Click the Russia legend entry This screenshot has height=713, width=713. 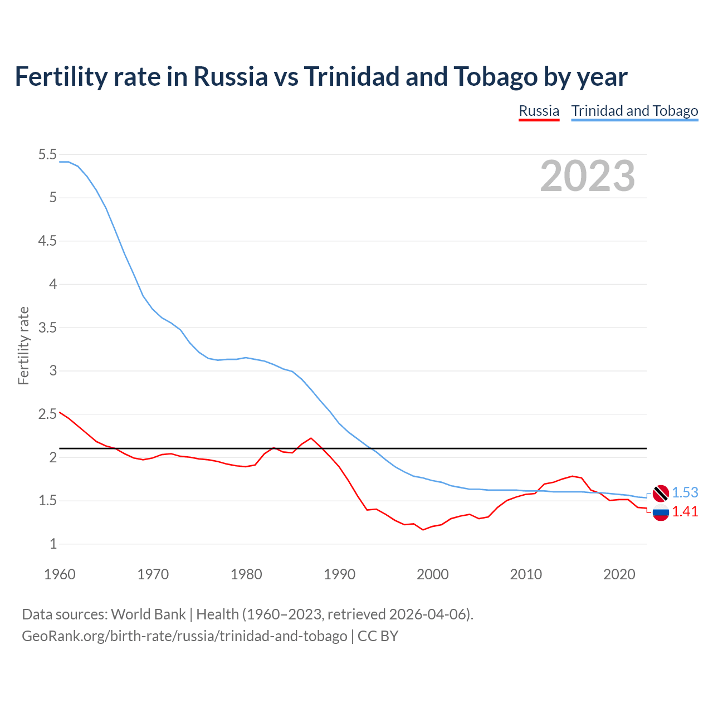539,111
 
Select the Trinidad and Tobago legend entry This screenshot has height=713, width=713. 634,111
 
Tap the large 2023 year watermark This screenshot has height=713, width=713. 587,176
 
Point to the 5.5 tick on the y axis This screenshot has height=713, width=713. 47,154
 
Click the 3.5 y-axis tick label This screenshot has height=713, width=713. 47,328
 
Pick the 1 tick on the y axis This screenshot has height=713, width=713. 53,544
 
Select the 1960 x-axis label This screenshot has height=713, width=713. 60,574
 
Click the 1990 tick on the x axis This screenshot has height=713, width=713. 339,574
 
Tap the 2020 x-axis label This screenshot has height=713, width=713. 619,574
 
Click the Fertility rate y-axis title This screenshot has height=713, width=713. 23,345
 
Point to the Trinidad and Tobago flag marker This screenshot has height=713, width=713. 661,493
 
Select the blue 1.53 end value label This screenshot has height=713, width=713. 685,492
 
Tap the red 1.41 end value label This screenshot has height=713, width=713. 685,512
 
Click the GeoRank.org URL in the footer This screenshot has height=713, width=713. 184,636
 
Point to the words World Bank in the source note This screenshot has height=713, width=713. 148,614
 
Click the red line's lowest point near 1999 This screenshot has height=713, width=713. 423,530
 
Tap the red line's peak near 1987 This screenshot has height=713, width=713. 311,438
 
